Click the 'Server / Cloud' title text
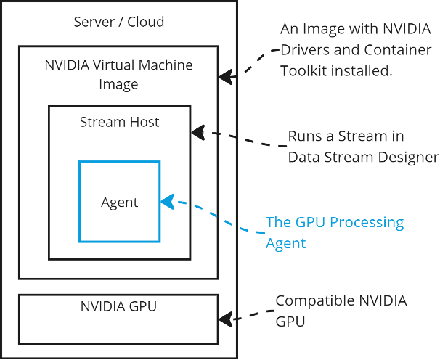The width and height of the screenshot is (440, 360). click(x=119, y=22)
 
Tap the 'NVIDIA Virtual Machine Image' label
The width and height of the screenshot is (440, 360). click(x=118, y=75)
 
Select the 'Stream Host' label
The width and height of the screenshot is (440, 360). click(x=119, y=122)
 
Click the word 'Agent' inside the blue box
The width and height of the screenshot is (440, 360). click(x=119, y=202)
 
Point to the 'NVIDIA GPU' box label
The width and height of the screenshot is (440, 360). click(x=118, y=306)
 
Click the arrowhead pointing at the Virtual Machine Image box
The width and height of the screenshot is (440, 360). click(x=227, y=75)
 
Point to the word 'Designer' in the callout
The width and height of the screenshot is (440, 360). click(x=411, y=157)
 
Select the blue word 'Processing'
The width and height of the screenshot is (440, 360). click(x=367, y=222)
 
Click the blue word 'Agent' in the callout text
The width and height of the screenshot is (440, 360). click(x=285, y=243)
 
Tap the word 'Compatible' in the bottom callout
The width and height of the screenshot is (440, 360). click(x=311, y=300)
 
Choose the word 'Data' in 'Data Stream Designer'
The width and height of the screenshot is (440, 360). click(x=303, y=157)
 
